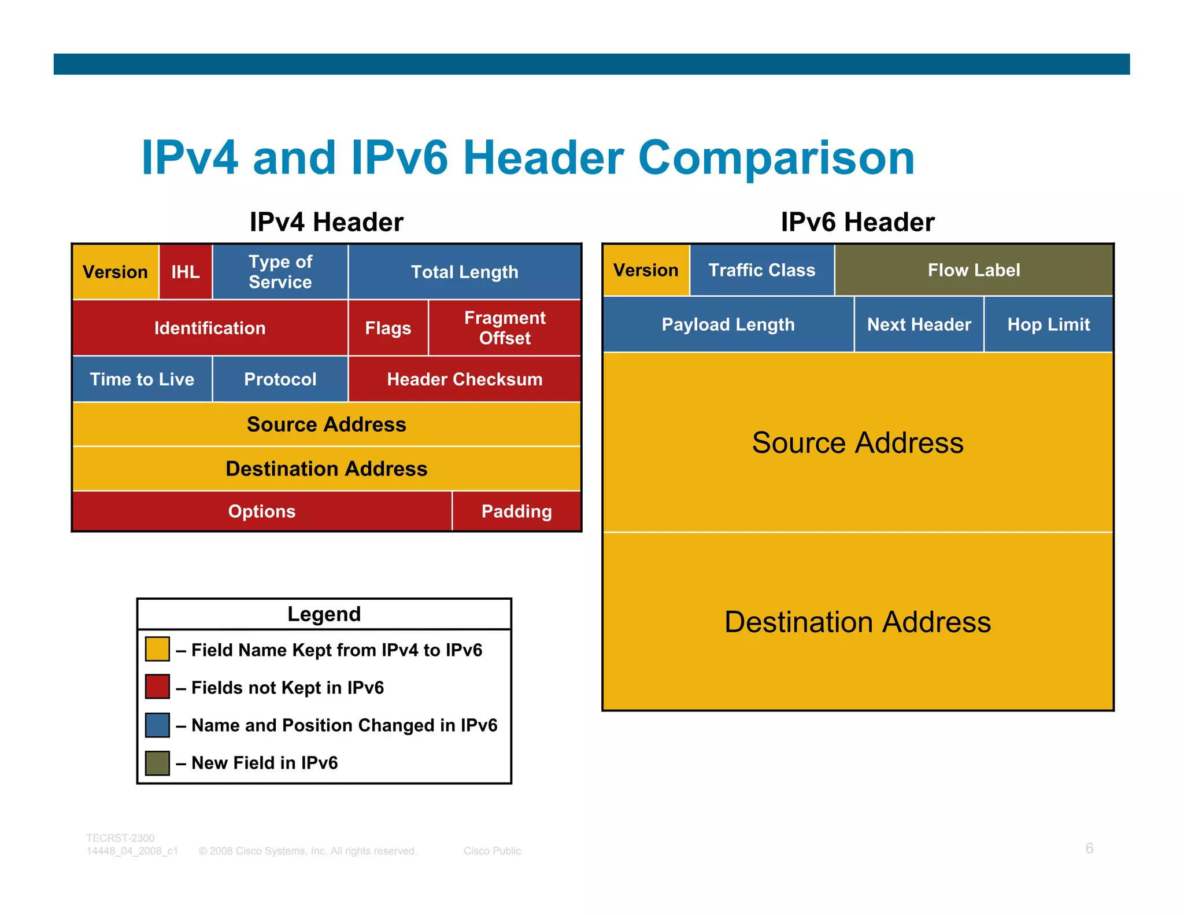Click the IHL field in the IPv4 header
coord(186,272)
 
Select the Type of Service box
coord(280,272)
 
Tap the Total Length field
coord(464,272)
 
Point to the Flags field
coord(388,328)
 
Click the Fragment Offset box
coord(505,328)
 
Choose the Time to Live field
coord(142,379)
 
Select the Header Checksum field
coord(464,379)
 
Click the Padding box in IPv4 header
coord(516,511)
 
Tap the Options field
coord(262,511)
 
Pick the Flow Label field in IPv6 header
coord(974,270)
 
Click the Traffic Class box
coord(762,270)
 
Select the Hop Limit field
coord(1048,324)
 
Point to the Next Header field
coord(919,324)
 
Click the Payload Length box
coord(728,324)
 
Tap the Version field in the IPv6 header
coord(646,270)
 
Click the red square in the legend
coord(157,687)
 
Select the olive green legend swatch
coord(157,763)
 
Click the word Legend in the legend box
coord(324,614)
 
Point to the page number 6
coord(1089,848)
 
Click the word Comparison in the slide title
coord(776,158)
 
